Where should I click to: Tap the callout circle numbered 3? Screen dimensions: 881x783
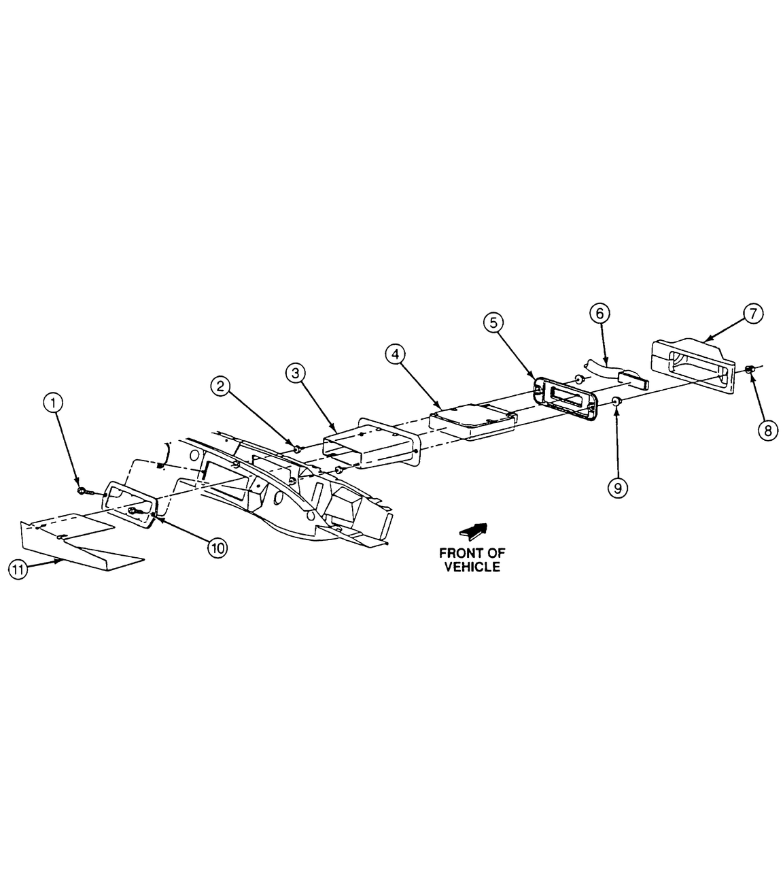click(x=294, y=372)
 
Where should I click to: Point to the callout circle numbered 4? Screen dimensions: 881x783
click(x=394, y=354)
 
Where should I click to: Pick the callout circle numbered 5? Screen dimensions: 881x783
click(x=493, y=322)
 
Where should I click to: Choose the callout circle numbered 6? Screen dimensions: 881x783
click(x=599, y=314)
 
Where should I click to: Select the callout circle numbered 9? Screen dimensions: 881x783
click(x=617, y=488)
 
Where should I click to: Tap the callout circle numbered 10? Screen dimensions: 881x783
click(x=217, y=548)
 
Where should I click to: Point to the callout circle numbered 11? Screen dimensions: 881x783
click(x=18, y=569)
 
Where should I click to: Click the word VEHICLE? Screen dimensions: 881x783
click(x=472, y=567)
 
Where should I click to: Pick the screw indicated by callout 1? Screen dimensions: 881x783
click(x=82, y=490)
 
